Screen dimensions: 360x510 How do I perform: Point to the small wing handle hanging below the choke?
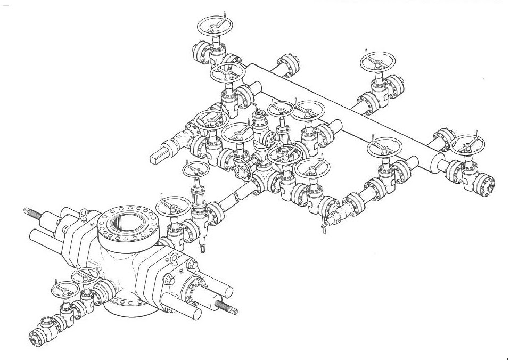point(323,230)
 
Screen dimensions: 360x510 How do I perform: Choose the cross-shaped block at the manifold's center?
point(261,176)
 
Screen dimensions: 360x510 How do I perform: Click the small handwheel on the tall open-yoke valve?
point(195,169)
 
